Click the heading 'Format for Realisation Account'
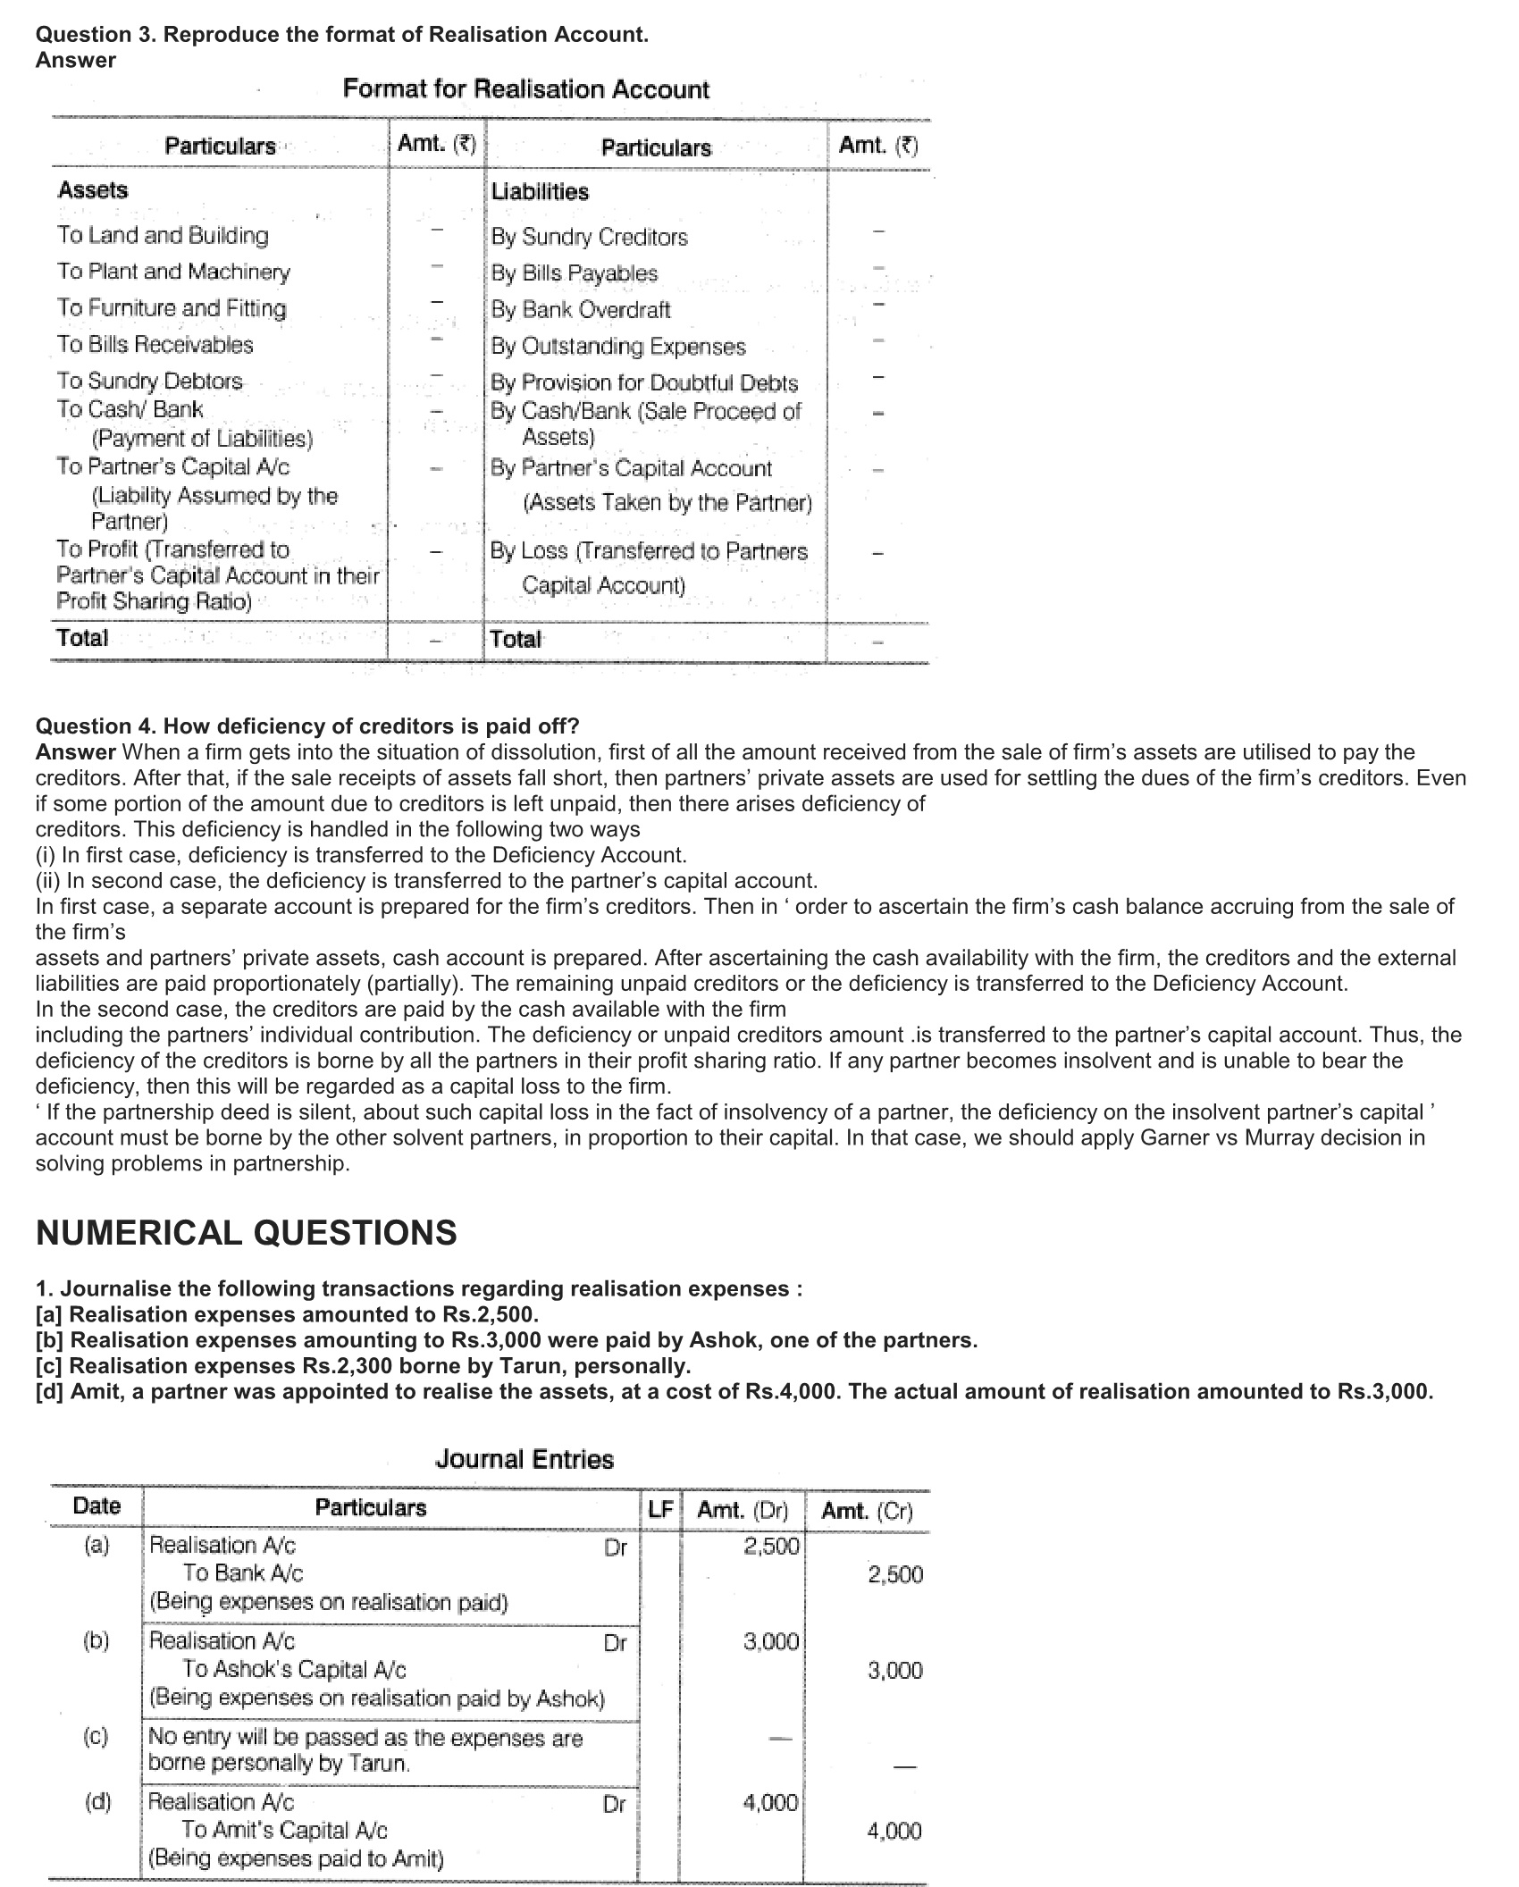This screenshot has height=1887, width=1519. click(525, 89)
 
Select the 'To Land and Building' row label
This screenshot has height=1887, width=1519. click(163, 236)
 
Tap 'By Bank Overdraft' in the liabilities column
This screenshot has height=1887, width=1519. click(580, 310)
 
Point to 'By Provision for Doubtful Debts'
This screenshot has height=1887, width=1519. click(643, 383)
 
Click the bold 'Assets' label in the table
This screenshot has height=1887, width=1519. click(93, 190)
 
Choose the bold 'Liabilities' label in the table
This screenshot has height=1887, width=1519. click(540, 192)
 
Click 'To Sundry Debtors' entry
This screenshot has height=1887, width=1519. click(149, 382)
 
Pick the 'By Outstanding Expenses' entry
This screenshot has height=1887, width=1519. click(617, 347)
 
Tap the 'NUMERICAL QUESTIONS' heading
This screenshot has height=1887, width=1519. click(246, 1233)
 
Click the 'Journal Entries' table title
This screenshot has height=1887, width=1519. click(525, 1460)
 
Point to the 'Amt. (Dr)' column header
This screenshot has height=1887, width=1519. click(743, 1511)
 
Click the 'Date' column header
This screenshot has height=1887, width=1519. click(97, 1506)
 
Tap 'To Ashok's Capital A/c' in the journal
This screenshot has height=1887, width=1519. click(294, 1670)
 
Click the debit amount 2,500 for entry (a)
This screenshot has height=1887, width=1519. click(771, 1547)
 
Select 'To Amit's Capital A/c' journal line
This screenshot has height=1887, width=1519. click(284, 1832)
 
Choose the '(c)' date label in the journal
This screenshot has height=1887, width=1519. click(96, 1737)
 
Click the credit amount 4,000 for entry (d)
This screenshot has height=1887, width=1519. click(894, 1832)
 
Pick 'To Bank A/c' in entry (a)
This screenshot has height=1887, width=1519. click(243, 1573)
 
